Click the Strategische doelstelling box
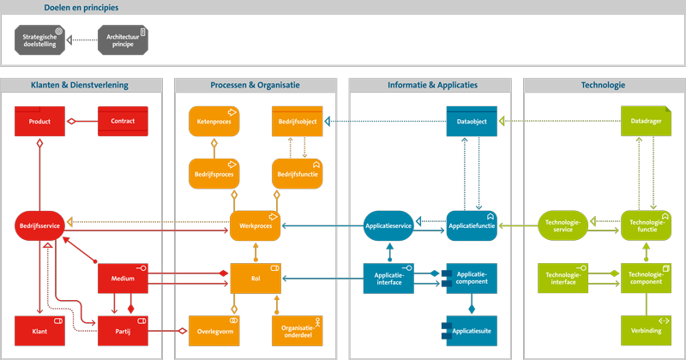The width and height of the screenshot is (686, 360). [x=39, y=39]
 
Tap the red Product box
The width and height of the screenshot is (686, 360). [x=39, y=122]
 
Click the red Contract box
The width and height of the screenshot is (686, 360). [x=123, y=122]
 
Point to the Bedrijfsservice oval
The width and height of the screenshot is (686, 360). [x=39, y=225]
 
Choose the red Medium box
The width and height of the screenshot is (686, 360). [x=123, y=278]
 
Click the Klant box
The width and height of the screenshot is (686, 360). [x=39, y=330]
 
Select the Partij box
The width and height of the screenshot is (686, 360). [x=123, y=330]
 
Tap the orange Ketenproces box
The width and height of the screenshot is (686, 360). [x=214, y=122]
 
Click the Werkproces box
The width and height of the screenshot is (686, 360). [x=256, y=225]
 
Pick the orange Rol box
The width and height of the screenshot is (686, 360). [x=256, y=278]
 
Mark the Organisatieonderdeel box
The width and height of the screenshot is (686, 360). [x=297, y=330]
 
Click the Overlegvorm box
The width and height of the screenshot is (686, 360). [x=214, y=330]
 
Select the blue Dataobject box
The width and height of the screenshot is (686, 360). [x=471, y=122]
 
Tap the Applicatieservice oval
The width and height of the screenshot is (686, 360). [x=388, y=225]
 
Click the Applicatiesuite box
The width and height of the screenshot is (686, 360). [x=471, y=330]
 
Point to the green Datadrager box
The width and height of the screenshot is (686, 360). [x=646, y=122]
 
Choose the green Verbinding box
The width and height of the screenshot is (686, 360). [x=646, y=330]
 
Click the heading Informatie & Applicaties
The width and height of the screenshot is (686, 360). [x=432, y=85]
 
